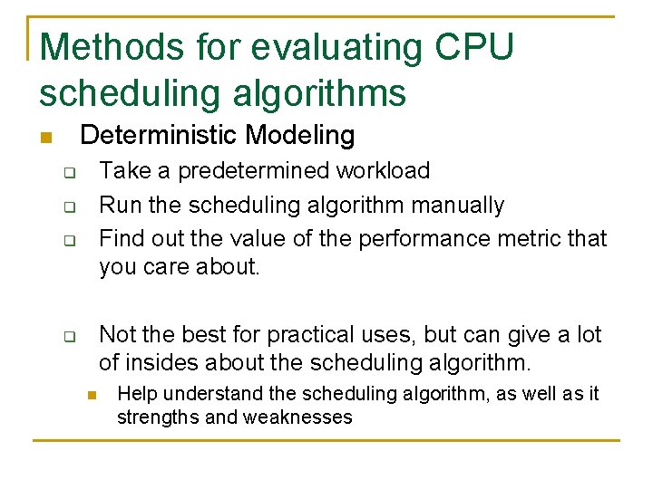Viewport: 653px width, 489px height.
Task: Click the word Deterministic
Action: point(161,136)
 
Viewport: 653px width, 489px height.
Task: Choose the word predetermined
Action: point(256,171)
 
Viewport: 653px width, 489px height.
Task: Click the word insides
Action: point(163,364)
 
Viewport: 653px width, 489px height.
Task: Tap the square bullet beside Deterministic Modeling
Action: point(44,139)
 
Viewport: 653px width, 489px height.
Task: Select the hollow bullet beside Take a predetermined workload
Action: point(67,172)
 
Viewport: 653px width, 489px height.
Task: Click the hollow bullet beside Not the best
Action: point(67,337)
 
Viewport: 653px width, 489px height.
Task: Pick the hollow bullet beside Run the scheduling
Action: point(67,207)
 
